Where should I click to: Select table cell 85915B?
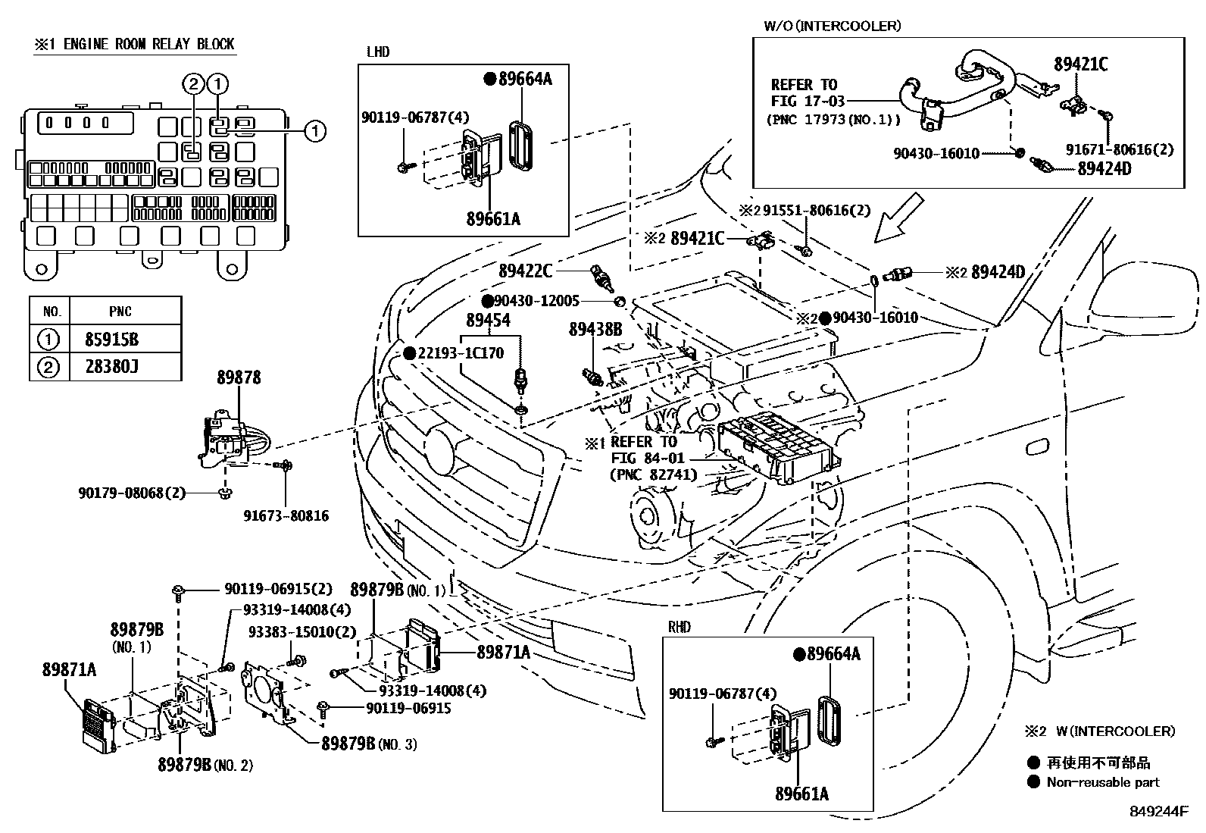(x=111, y=339)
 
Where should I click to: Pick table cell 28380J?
(x=111, y=368)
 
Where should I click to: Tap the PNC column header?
(x=120, y=311)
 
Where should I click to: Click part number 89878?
(x=239, y=377)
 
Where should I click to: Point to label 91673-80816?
(x=286, y=516)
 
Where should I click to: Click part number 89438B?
(x=595, y=330)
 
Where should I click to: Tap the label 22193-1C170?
(x=460, y=354)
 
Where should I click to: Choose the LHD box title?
(x=377, y=52)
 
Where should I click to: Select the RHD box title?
(x=680, y=628)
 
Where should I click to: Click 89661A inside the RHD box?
(x=801, y=794)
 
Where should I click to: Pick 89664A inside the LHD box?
(x=524, y=78)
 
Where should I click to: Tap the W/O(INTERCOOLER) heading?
(x=832, y=26)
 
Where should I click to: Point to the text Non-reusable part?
(x=1102, y=782)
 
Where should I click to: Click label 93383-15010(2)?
(x=302, y=632)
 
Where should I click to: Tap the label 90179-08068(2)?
(x=131, y=493)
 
